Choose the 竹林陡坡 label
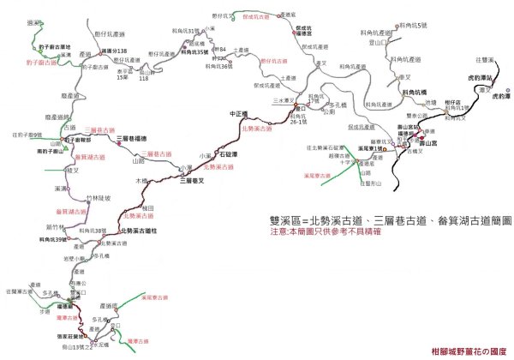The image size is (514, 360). pyautogui.click(x=83, y=198)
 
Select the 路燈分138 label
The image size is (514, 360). pyautogui.click(x=114, y=51)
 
